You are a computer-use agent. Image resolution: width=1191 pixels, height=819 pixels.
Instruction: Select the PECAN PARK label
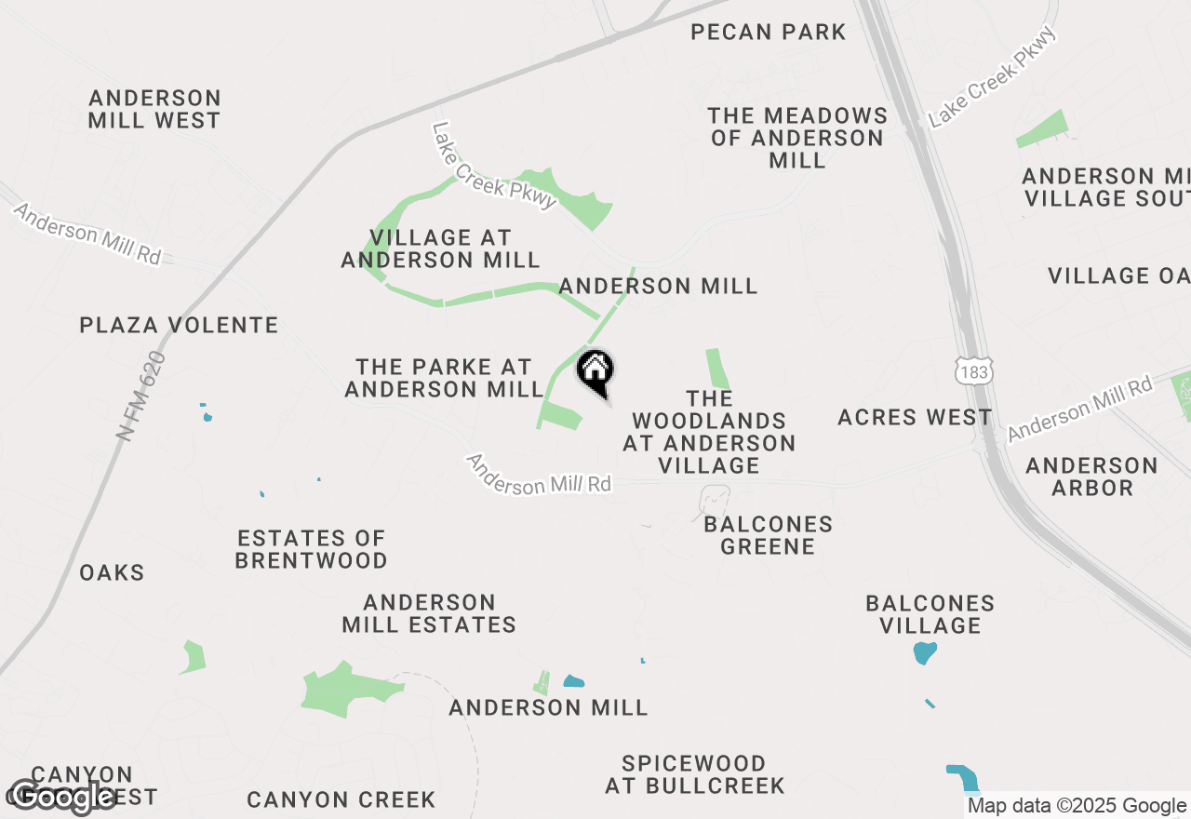click(x=769, y=33)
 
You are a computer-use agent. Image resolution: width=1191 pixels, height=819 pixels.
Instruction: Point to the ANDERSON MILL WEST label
click(x=154, y=109)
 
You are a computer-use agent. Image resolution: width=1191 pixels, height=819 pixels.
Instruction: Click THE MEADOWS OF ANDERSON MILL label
click(x=797, y=138)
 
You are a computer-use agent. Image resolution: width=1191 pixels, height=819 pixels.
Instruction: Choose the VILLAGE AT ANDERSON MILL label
click(x=440, y=248)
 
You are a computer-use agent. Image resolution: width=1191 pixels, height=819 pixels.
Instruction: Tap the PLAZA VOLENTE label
click(x=179, y=325)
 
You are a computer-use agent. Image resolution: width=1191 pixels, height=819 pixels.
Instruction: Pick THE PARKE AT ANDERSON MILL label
click(x=444, y=378)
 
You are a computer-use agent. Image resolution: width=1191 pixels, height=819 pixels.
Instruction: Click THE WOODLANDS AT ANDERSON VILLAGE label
click(x=709, y=432)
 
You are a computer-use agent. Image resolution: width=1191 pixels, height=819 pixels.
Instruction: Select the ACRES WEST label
click(x=915, y=418)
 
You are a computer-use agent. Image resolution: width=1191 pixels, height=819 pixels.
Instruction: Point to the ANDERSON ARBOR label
click(x=1091, y=476)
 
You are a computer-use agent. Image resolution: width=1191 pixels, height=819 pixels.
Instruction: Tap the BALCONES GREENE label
click(x=768, y=535)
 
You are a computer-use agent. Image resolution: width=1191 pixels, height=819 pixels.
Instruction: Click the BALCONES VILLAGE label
click(x=930, y=614)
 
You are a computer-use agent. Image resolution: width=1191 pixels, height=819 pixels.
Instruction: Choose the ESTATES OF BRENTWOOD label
click(x=311, y=549)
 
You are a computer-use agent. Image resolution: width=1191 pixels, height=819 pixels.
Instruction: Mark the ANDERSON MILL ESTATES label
click(x=429, y=613)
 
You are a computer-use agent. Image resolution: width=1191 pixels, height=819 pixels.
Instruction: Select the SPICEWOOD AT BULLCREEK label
click(x=695, y=774)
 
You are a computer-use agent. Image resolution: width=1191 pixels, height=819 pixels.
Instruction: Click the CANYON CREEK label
click(x=341, y=799)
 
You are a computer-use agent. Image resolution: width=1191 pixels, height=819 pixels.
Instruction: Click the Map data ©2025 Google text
click(x=1077, y=806)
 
